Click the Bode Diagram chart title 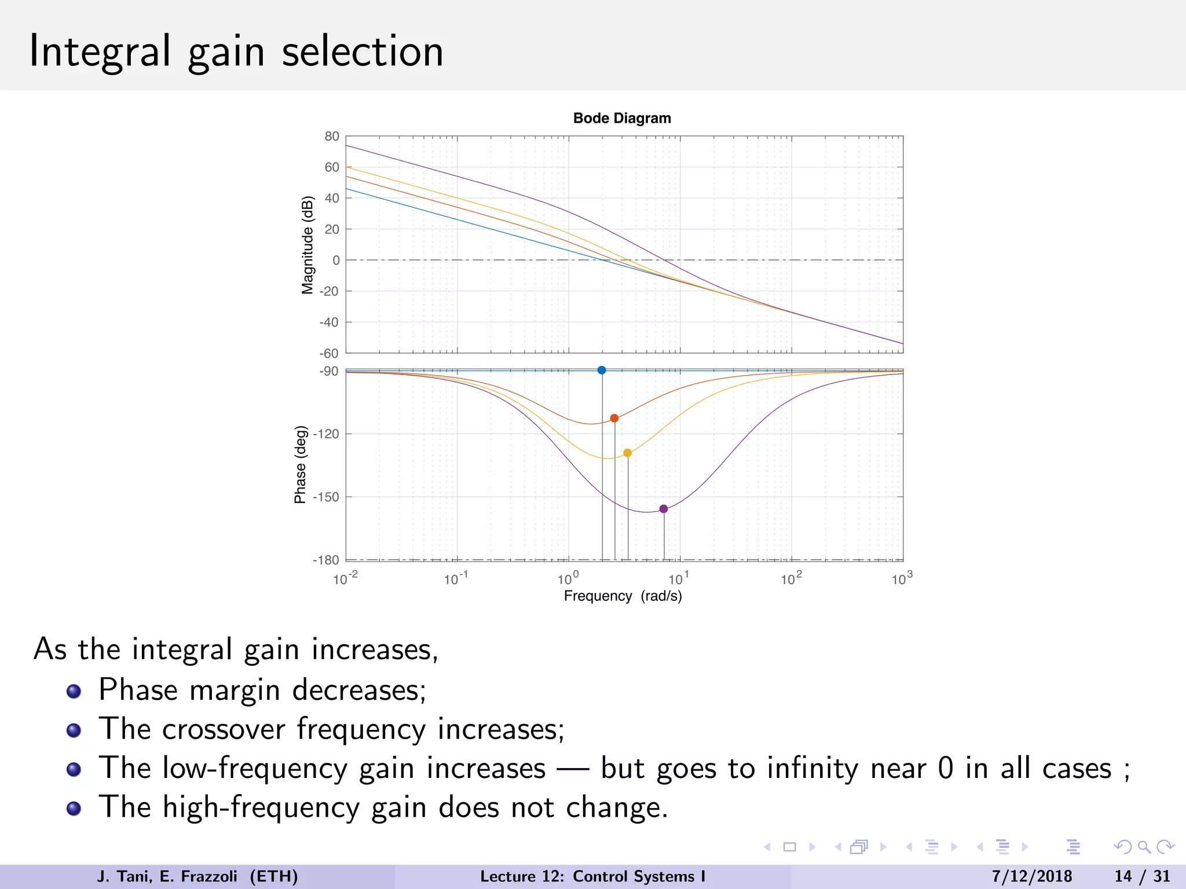622,118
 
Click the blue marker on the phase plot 602,370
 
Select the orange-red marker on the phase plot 614,418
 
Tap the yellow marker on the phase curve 627,453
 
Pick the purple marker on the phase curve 664,509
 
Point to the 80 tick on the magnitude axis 332,137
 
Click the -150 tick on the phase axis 326,497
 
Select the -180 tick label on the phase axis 326,560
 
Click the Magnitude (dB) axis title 308,245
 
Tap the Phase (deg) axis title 300,465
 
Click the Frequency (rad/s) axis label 623,596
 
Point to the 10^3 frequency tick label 901,579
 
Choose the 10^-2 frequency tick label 345,579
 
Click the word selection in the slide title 363,52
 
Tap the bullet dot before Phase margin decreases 74,692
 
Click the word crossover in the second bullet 224,729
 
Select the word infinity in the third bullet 812,769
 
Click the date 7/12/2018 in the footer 1032,876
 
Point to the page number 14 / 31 1142,876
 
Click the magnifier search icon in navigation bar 1144,847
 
